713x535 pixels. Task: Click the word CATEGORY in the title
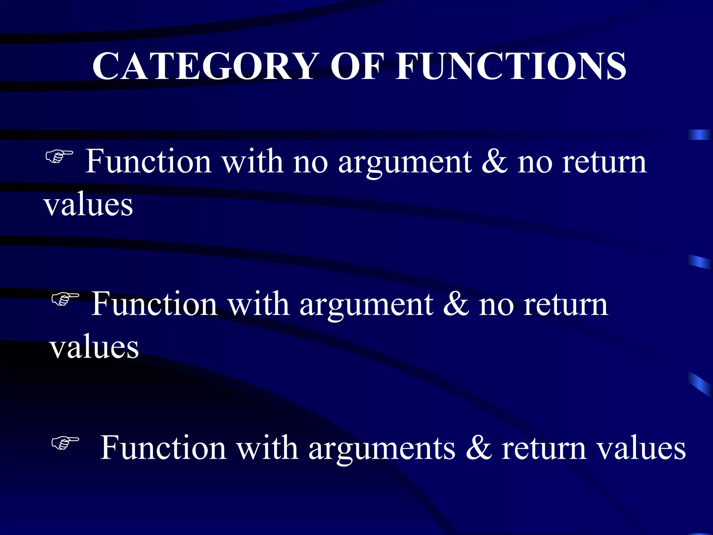coord(204,66)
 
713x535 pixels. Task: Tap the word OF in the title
coord(357,66)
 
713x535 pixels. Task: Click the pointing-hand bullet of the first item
coord(59,156)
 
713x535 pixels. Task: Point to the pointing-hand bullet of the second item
coord(65,299)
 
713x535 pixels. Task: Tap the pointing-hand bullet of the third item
coord(65,443)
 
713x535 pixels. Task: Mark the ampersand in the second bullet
coord(456,304)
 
